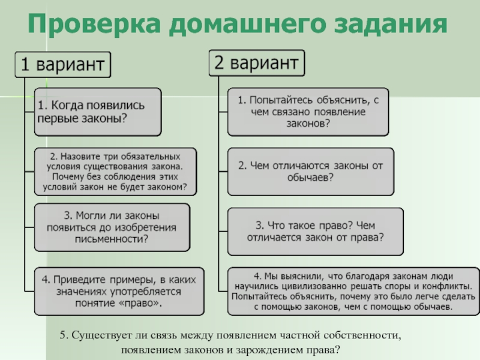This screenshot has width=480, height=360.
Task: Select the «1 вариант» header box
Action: [64, 64]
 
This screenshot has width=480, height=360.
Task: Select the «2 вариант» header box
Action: [257, 62]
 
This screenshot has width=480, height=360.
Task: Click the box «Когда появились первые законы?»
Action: [97, 112]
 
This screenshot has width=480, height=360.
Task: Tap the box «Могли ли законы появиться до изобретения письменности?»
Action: [112, 227]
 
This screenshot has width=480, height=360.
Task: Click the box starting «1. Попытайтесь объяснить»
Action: [308, 112]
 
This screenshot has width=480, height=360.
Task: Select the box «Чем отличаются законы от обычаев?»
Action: [311, 172]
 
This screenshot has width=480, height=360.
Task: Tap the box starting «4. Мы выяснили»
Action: [352, 291]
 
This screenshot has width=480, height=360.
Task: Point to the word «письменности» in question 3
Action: [112, 239]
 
